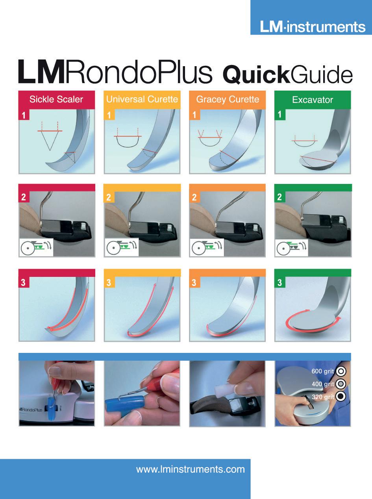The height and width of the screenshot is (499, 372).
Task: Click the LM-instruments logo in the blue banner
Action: [x=313, y=27]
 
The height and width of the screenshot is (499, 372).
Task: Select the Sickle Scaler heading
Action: [x=56, y=99]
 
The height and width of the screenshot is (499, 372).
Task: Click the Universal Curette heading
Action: [x=142, y=99]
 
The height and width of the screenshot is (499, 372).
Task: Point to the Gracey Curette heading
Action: [x=228, y=99]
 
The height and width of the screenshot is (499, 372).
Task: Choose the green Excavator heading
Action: [x=313, y=100]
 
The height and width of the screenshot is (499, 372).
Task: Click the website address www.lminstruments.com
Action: [x=190, y=469]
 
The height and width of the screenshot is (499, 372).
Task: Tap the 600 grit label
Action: [x=323, y=371]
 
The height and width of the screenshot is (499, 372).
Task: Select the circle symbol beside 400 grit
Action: [x=341, y=384]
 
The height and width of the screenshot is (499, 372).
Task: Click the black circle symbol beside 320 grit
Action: [x=341, y=396]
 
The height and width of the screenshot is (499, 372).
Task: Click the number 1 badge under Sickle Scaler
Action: [x=23, y=116]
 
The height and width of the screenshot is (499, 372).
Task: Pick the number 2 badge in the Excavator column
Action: [x=279, y=197]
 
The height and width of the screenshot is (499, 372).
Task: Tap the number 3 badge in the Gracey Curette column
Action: [x=194, y=282]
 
